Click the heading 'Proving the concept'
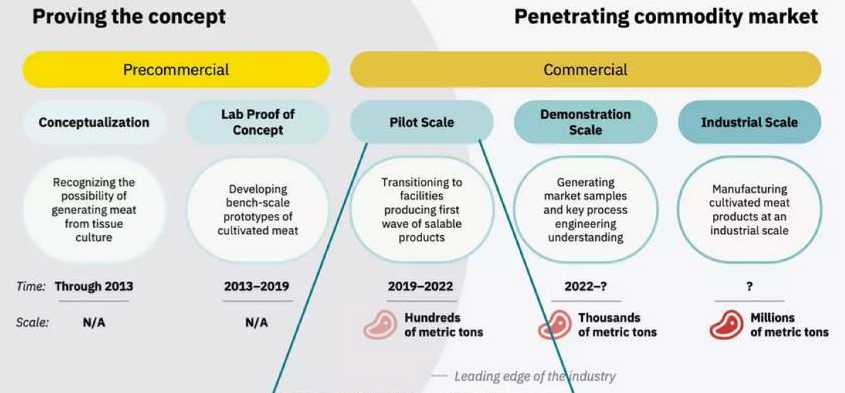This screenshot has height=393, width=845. coord(129,17)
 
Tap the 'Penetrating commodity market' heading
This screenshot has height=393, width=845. coord(666,17)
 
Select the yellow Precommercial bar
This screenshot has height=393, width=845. coord(176,70)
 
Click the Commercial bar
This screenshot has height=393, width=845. coord(585,70)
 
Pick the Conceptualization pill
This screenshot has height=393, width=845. coord(94,123)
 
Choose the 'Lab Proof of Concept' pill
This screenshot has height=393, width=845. coord(258,123)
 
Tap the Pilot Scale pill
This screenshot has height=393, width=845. coord(422,123)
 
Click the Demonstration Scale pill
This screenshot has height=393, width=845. coord(585,123)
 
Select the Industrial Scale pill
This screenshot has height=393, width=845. coord(749,123)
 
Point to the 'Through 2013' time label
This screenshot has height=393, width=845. coord(94,287)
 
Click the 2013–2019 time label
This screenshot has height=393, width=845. coord(256,287)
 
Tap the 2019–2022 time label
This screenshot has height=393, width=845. coord(420,287)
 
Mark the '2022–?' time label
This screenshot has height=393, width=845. coord(585,287)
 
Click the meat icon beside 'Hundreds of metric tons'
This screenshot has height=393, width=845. coord(380,324)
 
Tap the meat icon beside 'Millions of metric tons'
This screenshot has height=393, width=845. coord(727,324)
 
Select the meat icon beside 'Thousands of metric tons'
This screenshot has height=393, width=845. coord(555,324)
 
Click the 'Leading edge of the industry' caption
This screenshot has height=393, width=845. coord(535,377)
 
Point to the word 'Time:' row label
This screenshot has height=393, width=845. coord(31,287)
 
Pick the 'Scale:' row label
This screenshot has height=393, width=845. coord(32,323)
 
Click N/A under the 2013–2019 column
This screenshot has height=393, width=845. coord(256,323)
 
